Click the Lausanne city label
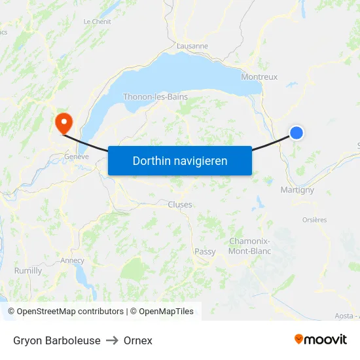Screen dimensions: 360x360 [x=192, y=46]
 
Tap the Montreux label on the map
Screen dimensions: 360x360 [x=259, y=77]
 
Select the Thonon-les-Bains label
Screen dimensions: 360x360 [x=155, y=97]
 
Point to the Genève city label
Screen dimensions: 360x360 [x=76, y=156]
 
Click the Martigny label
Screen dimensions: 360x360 [x=297, y=190]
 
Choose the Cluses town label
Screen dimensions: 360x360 [x=180, y=204]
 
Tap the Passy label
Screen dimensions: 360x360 [x=205, y=251]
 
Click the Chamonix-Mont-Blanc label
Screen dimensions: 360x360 [x=250, y=246]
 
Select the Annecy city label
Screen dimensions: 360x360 [x=72, y=260]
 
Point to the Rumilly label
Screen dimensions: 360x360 [x=28, y=270]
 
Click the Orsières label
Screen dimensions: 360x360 [x=315, y=220]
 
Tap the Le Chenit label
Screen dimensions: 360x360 [x=97, y=21]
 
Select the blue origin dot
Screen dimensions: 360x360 [x=297, y=133]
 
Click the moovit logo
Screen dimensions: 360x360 [x=320, y=339]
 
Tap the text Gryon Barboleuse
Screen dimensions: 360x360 [x=57, y=340]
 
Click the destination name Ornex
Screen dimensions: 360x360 [x=137, y=340]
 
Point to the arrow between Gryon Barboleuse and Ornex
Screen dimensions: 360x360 [x=112, y=340]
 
